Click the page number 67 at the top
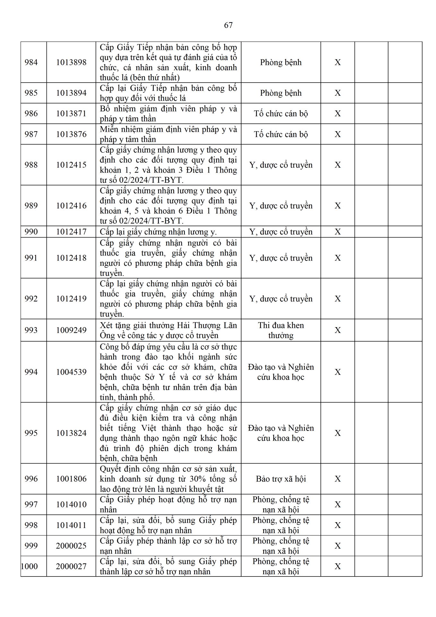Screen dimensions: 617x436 (x=228, y=25)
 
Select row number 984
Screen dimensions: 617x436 (x=31, y=62)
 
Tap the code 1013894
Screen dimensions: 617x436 (x=71, y=93)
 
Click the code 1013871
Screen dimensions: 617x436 (x=71, y=113)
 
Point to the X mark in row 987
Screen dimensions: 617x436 (x=337, y=134)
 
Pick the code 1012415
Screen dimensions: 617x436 (x=71, y=165)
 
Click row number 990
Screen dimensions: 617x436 (x=31, y=232)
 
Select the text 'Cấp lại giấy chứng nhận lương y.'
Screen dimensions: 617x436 (x=158, y=232)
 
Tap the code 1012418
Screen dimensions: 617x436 (x=71, y=258)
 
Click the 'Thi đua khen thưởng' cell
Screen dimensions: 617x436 (x=281, y=330)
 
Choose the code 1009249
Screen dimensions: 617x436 (x=71, y=330)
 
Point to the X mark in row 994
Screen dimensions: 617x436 (x=337, y=372)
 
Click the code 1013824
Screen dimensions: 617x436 (x=71, y=433)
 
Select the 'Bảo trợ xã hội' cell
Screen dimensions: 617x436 (x=281, y=479)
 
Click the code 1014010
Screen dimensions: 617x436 (x=71, y=505)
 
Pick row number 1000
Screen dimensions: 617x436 (x=30, y=566)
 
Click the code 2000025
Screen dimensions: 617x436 (x=71, y=546)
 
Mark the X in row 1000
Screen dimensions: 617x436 (x=337, y=566)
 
